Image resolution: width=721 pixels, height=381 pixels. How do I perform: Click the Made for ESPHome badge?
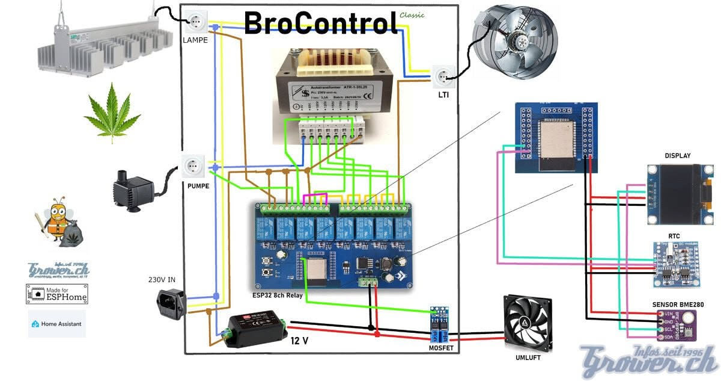pos(56,293)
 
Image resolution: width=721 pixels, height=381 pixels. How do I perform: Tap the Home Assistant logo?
pos(56,324)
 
